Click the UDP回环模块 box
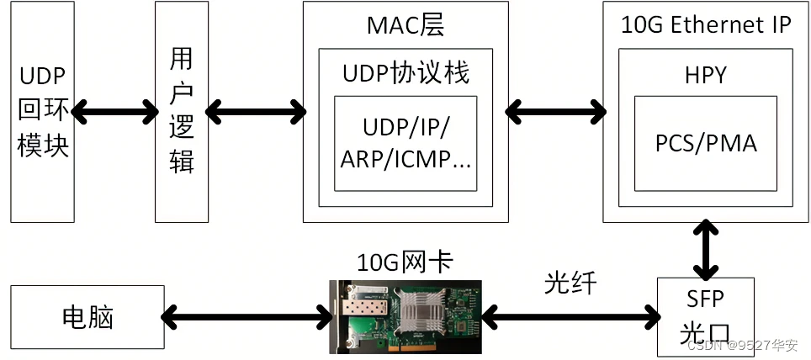click(42, 111)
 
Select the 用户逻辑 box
click(182, 111)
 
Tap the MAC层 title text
click(405, 25)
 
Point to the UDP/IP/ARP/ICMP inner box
click(405, 143)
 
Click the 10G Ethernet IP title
click(706, 25)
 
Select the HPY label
click(706, 76)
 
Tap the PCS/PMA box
click(706, 143)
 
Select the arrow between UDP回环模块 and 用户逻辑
click(115, 110)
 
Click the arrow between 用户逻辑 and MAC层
click(256, 110)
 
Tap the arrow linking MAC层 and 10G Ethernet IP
click(556, 110)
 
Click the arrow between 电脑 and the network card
click(246, 317)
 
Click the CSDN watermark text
click(743, 345)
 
